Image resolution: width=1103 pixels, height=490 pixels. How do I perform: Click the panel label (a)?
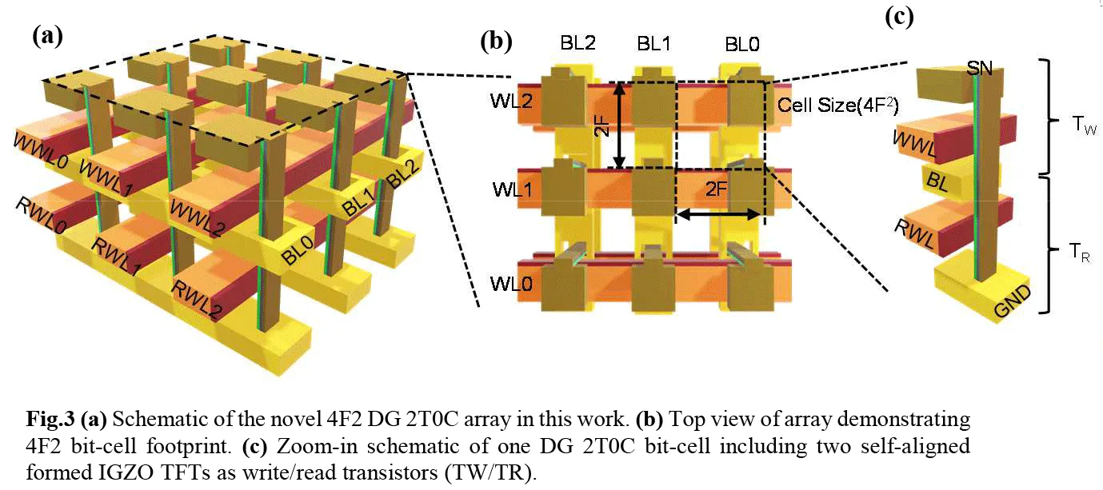[x=48, y=37]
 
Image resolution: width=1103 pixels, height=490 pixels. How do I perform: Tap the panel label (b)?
[x=497, y=42]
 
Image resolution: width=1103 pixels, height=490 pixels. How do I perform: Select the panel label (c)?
[x=899, y=17]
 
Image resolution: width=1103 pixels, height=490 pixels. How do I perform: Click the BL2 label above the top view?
[x=577, y=43]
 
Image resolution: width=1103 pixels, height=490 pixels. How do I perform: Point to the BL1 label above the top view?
[x=653, y=44]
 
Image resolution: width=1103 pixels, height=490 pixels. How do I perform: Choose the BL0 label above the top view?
[x=742, y=44]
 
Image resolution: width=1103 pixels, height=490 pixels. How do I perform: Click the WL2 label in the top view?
[x=511, y=102]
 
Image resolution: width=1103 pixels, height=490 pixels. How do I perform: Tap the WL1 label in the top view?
[x=512, y=189]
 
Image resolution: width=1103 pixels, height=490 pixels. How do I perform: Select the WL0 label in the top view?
[x=511, y=284]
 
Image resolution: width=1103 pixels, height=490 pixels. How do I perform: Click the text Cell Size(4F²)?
[x=838, y=106]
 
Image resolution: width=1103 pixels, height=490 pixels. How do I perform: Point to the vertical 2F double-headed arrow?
[x=619, y=125]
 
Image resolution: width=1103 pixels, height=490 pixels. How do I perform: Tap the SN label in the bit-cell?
[x=979, y=68]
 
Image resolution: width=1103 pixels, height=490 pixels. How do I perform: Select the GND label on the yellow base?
[x=1013, y=301]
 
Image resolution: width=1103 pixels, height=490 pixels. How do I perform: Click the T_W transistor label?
[x=1085, y=125]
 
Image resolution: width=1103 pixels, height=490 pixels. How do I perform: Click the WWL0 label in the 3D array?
[x=41, y=150]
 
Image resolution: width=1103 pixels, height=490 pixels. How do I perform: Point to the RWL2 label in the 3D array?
[x=197, y=299]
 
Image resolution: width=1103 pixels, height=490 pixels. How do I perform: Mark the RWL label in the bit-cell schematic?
[x=914, y=233]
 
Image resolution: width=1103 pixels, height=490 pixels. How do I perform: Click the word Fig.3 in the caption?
[x=50, y=419]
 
